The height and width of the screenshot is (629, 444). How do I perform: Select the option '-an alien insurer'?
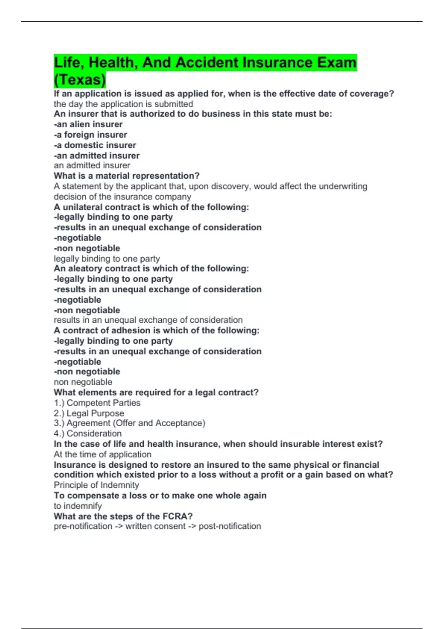[88, 124]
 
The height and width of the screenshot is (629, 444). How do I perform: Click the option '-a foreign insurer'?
[90, 135]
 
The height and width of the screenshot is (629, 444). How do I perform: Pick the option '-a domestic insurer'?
[95, 145]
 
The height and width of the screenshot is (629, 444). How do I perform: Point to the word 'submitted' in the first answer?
[174, 104]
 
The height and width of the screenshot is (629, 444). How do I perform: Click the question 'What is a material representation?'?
[127, 176]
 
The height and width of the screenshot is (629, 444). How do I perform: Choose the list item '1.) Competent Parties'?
[97, 403]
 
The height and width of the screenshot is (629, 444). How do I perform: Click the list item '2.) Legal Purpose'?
[89, 413]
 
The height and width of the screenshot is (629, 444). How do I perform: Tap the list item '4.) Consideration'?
[87, 433]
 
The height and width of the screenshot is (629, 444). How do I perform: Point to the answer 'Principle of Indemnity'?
[96, 485]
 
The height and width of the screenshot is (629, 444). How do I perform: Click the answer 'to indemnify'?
[78, 506]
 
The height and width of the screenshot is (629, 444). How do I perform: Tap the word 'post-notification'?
[230, 526]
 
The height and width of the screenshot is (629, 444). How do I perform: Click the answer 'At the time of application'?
[102, 454]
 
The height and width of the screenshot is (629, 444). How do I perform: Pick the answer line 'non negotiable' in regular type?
[83, 382]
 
